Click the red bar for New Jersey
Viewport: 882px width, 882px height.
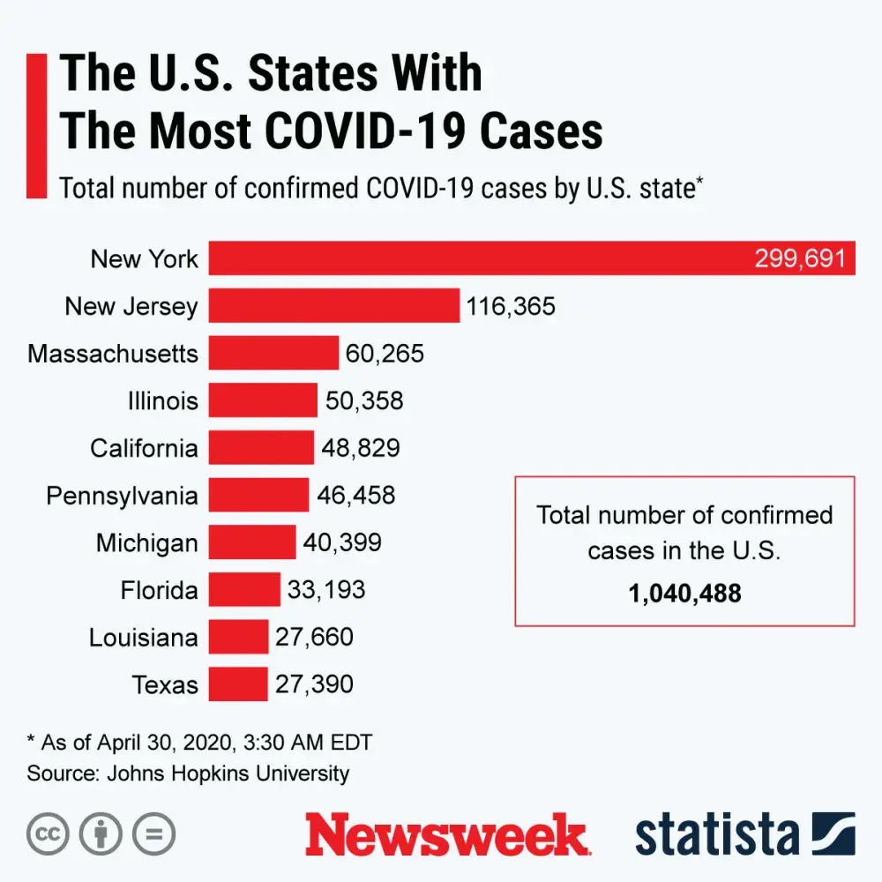coord(334,306)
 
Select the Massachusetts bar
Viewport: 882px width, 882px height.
coord(273,354)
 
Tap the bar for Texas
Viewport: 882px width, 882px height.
coord(238,684)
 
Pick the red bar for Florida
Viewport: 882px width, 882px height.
coord(244,589)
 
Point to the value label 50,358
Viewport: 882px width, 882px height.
coord(364,401)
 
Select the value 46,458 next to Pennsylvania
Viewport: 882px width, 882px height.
coord(356,495)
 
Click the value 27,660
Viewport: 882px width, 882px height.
coord(314,637)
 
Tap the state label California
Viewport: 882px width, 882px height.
coord(144,448)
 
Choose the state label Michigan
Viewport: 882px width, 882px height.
coord(147,542)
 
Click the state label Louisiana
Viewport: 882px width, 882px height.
coord(144,637)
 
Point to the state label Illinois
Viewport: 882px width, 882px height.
coord(163,401)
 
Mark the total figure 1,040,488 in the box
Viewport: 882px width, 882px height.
coord(684,593)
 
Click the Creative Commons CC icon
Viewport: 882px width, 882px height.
coord(49,833)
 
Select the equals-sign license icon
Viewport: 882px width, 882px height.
coord(153,833)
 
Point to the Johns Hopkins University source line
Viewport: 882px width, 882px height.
coord(188,774)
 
